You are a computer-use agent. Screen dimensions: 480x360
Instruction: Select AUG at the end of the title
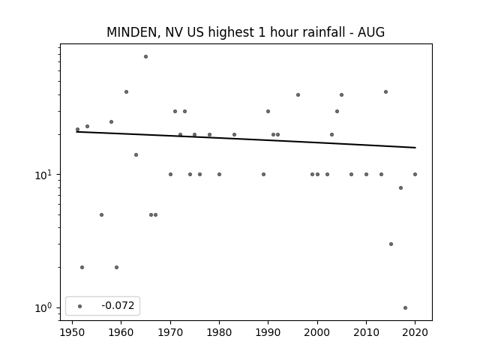click(371, 32)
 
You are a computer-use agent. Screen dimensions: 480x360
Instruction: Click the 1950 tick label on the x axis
click(72, 333)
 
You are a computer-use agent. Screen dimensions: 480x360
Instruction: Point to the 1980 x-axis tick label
click(219, 333)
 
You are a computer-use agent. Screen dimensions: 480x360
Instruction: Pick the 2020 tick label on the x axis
click(415, 333)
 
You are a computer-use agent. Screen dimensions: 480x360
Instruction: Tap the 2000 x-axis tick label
click(317, 333)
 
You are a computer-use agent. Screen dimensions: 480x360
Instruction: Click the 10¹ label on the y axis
click(43, 175)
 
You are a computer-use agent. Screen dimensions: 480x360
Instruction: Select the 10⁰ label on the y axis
click(43, 308)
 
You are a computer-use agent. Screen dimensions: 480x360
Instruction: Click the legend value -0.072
click(118, 305)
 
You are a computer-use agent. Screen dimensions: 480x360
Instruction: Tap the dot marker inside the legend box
click(80, 306)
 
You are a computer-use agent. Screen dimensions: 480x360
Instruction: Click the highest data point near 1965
click(145, 57)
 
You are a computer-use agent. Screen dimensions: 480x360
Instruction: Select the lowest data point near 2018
click(405, 308)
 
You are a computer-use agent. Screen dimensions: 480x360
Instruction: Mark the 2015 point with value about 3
click(391, 244)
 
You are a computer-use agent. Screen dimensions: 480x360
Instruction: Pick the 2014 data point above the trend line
click(385, 91)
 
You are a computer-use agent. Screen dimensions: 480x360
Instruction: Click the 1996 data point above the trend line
click(298, 95)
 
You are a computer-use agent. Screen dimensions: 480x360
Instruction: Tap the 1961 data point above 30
click(126, 91)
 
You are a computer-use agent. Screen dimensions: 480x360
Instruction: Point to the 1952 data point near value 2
click(82, 267)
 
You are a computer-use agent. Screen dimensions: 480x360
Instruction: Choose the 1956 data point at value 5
click(102, 215)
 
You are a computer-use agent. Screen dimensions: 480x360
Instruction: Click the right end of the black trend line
click(415, 148)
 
